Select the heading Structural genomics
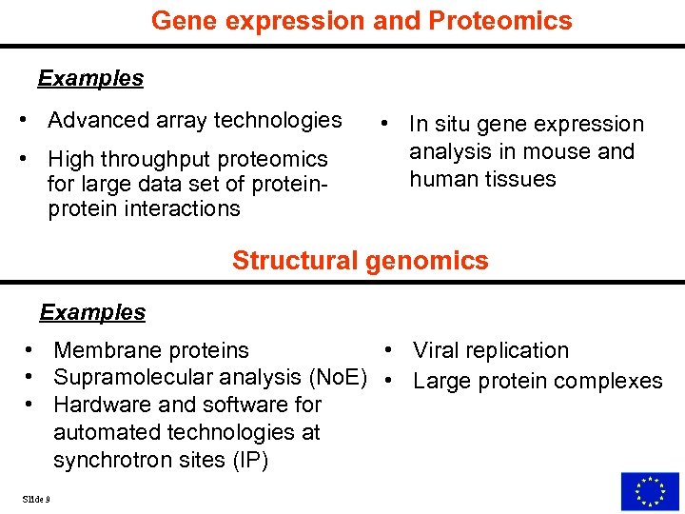click(x=360, y=261)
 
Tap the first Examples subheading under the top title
click(x=90, y=78)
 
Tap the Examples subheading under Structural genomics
click(x=92, y=312)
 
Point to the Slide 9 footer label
click(x=36, y=499)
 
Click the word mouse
click(x=568, y=152)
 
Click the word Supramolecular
click(x=127, y=378)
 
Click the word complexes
click(x=610, y=381)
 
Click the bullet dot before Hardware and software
click(x=30, y=405)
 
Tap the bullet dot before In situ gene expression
click(x=382, y=125)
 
